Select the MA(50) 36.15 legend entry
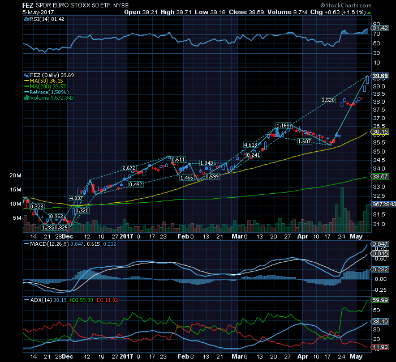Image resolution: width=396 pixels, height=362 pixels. click(48, 80)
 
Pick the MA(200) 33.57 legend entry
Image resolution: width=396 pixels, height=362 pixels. click(49, 86)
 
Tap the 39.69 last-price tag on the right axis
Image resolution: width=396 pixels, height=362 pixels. click(379, 75)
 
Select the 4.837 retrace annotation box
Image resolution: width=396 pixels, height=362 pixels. click(76, 198)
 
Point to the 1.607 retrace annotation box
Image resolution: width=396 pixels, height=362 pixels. click(305, 141)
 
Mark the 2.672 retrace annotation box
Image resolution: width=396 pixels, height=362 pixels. click(129, 168)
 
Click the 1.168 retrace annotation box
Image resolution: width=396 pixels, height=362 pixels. click(283, 125)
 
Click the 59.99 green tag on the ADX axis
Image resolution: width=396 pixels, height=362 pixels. click(379, 300)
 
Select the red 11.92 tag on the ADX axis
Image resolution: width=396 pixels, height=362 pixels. click(379, 346)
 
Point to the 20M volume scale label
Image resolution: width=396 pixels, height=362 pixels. click(15, 176)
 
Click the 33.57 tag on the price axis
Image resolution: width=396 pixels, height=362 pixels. click(379, 177)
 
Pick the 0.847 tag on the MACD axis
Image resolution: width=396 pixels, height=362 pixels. click(379, 243)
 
